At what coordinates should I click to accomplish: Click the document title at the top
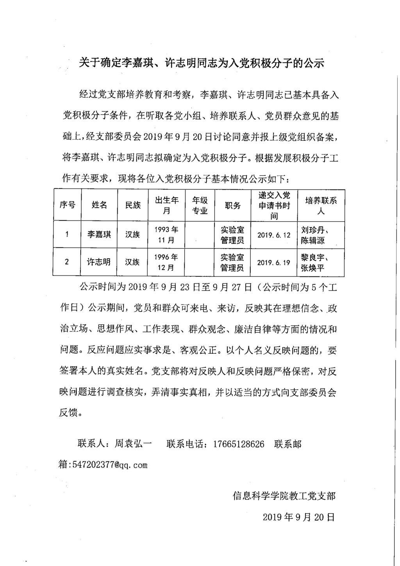coord(201,63)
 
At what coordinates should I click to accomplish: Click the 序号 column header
coord(67,205)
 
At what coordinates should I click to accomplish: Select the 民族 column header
coord(133,205)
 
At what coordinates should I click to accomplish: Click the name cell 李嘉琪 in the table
coord(99,235)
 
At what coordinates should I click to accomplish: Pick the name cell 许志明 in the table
coord(99,262)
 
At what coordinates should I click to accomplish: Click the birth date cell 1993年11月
coord(166,235)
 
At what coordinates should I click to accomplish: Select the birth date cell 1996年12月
coord(166,262)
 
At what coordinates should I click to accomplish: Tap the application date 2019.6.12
coord(274,235)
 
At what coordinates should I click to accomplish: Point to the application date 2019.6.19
coord(274,262)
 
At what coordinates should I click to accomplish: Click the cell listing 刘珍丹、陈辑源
coord(316,235)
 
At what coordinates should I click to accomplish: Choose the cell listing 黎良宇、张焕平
coord(315,262)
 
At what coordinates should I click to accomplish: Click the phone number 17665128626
coord(239,444)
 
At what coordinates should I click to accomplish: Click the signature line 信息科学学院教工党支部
coord(284,496)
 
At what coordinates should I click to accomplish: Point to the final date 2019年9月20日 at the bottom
coord(299,517)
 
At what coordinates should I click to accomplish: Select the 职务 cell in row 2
coord(232,262)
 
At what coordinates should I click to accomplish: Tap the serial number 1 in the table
coord(67,235)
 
